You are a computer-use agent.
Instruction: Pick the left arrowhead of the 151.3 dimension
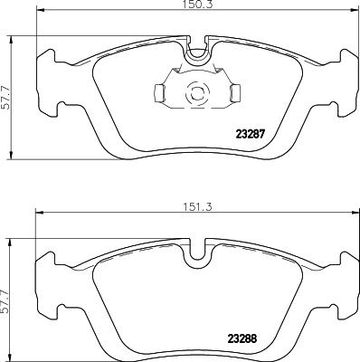point(38,214)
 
